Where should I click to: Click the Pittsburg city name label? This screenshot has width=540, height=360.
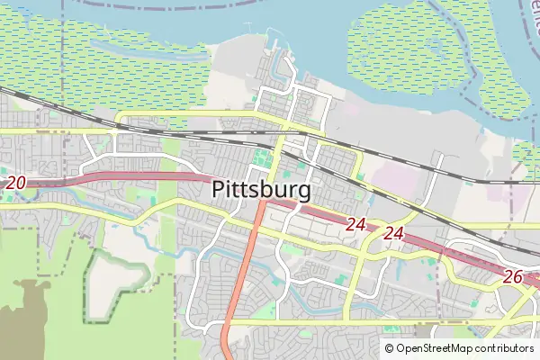point(263,190)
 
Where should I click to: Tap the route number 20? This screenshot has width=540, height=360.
point(15,183)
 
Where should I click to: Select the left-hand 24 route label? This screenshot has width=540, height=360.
point(355,223)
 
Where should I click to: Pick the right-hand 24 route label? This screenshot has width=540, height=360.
point(392,233)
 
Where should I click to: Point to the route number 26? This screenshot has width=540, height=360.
point(513,276)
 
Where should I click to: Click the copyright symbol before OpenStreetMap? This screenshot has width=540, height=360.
point(390,348)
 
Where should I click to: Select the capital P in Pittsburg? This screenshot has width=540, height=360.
point(220,190)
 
